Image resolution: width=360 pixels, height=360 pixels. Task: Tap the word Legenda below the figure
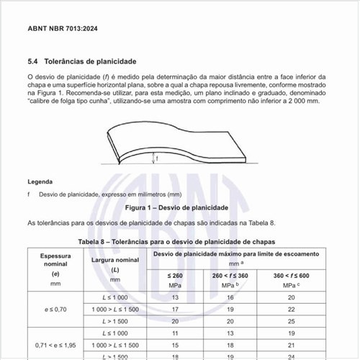(40, 181)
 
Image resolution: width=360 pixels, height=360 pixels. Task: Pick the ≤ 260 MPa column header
(175, 279)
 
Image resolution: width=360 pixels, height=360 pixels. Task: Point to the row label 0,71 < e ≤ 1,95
(55, 345)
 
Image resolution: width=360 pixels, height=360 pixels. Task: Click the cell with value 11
(175, 333)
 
